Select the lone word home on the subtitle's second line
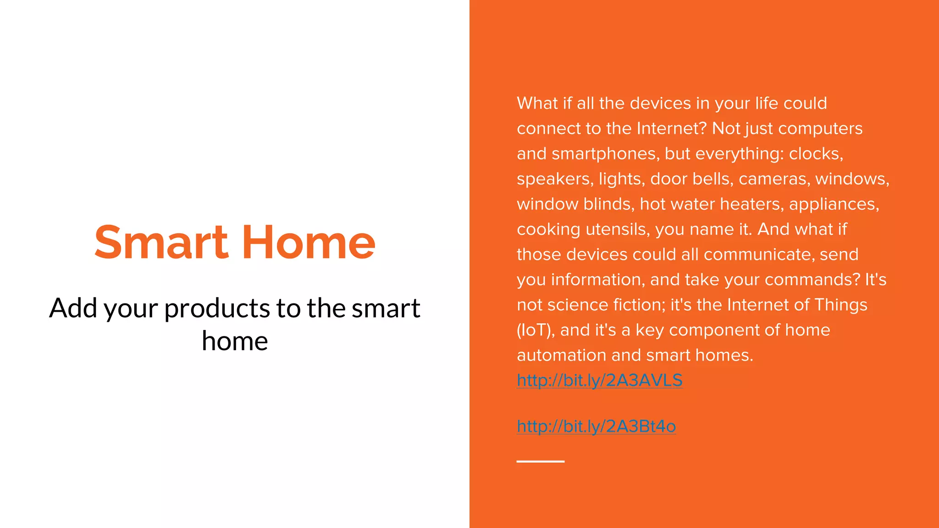[x=235, y=341]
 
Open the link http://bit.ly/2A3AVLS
[x=599, y=380]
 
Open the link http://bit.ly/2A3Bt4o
[x=596, y=427]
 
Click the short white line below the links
[x=540, y=461]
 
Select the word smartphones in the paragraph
[x=605, y=154]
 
